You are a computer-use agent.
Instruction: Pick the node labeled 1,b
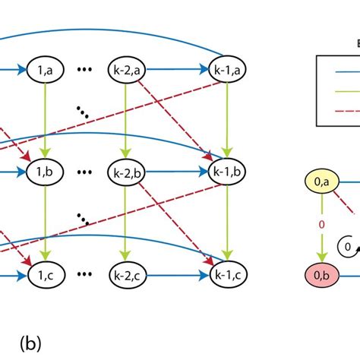coord(45,170)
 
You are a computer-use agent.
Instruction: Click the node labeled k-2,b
coord(126,170)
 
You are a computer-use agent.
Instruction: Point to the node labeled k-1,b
coord(226,170)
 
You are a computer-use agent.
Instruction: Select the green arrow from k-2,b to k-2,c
coord(126,220)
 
